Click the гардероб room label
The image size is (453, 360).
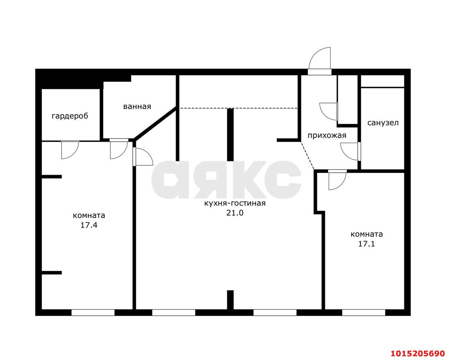(70, 116)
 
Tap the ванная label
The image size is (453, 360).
(137, 107)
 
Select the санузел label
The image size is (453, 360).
(383, 123)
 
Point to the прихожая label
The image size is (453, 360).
(327, 135)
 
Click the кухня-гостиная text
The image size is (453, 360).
(235, 204)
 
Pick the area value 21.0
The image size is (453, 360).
(235, 213)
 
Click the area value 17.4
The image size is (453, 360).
(89, 225)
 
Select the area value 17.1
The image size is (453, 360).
(367, 244)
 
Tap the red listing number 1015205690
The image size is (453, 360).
(418, 348)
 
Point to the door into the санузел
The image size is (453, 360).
(350, 152)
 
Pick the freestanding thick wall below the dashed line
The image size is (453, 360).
(230, 135)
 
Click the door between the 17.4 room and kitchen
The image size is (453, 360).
(143, 157)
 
